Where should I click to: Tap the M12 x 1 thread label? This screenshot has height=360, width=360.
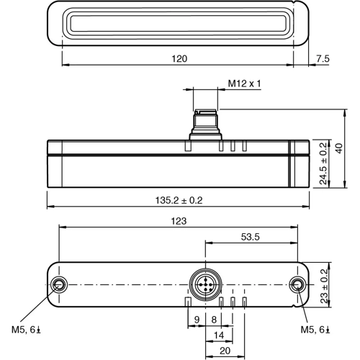pyautogui.click(x=244, y=84)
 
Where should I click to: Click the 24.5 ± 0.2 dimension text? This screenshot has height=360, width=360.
pyautogui.click(x=324, y=165)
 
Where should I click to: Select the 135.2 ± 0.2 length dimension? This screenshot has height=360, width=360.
pyautogui.click(x=179, y=200)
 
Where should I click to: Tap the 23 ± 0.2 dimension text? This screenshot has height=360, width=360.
pyautogui.click(x=324, y=284)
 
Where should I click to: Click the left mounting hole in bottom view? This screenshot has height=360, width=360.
pyautogui.click(x=60, y=284)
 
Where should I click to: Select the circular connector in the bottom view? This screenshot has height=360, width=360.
pyautogui.click(x=204, y=284)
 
